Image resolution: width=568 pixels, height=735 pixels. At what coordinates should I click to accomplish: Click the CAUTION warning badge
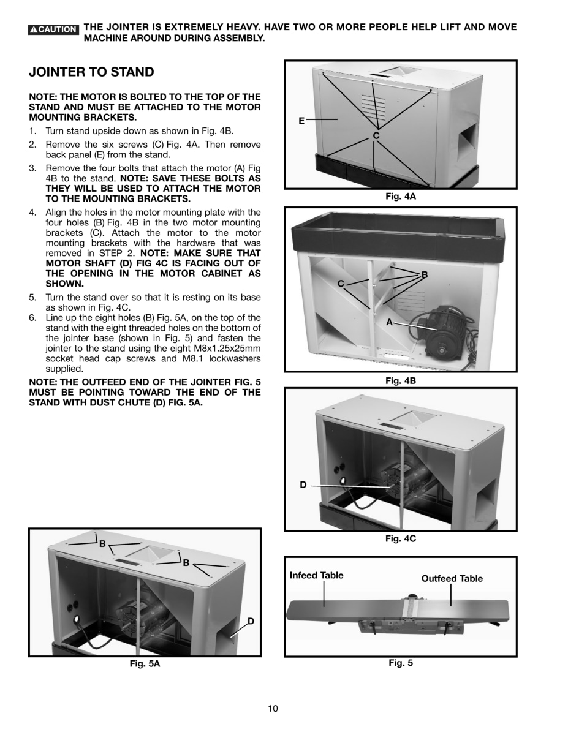pyautogui.click(x=54, y=29)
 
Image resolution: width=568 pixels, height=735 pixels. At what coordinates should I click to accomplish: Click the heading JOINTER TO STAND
pyautogui.click(x=91, y=72)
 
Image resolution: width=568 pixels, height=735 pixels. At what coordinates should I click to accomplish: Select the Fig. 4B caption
pyautogui.click(x=401, y=380)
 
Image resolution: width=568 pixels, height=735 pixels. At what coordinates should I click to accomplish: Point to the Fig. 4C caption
pyautogui.click(x=401, y=538)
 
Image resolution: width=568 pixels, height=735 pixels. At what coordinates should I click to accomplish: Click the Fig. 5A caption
pyautogui.click(x=145, y=663)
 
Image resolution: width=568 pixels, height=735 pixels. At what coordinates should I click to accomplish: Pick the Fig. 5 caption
pyautogui.click(x=401, y=663)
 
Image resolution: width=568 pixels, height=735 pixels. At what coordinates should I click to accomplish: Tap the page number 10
pyautogui.click(x=273, y=709)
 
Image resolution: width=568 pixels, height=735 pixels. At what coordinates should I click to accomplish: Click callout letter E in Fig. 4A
pyautogui.click(x=301, y=121)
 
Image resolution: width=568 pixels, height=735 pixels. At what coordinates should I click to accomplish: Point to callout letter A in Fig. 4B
pyautogui.click(x=388, y=322)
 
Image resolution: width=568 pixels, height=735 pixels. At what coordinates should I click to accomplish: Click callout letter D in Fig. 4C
pyautogui.click(x=303, y=485)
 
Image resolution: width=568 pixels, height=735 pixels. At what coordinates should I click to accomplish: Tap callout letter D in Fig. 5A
pyautogui.click(x=251, y=621)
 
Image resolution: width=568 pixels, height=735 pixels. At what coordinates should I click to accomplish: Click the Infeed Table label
pyautogui.click(x=316, y=575)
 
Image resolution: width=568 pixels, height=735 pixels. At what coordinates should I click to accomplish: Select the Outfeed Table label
pyautogui.click(x=452, y=578)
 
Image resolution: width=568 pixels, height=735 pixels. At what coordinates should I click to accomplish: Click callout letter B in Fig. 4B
pyautogui.click(x=424, y=275)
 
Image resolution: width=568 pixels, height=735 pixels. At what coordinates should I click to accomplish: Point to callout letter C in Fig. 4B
pyautogui.click(x=341, y=283)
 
